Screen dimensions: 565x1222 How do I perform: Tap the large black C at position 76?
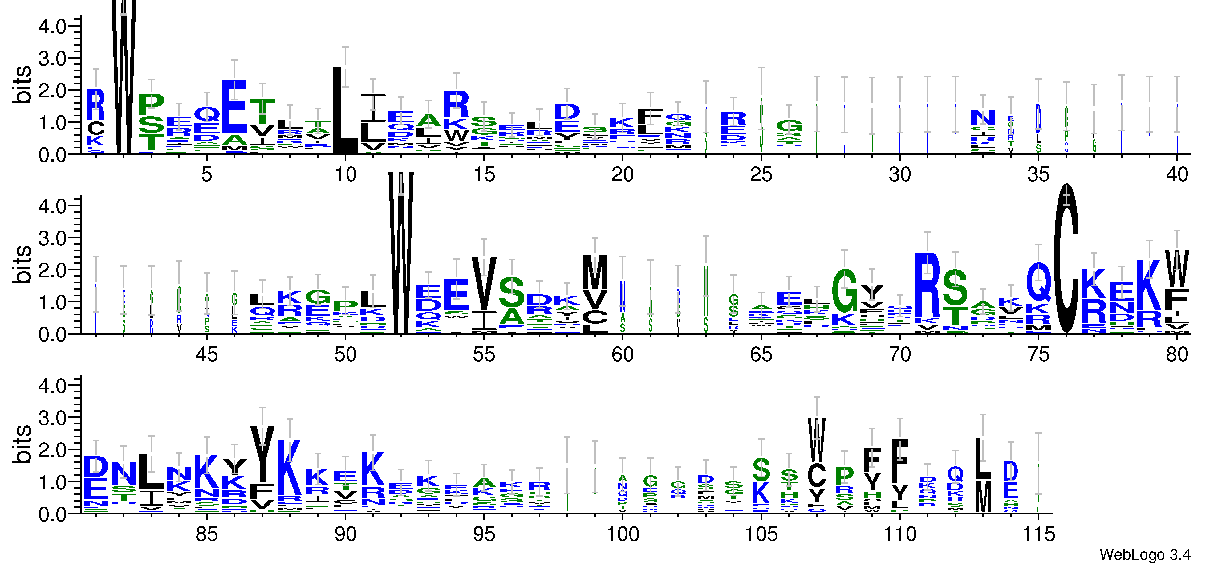click(1066, 259)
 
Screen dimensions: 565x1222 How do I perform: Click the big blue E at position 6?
click(234, 107)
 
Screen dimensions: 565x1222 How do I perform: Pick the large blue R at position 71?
click(928, 285)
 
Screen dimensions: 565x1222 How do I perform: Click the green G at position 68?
click(844, 291)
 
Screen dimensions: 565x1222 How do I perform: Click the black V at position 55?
click(484, 284)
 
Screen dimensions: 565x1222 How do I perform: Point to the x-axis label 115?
click(1038, 534)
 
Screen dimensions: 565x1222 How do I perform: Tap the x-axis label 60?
click(622, 355)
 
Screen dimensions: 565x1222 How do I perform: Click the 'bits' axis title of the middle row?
click(22, 264)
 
